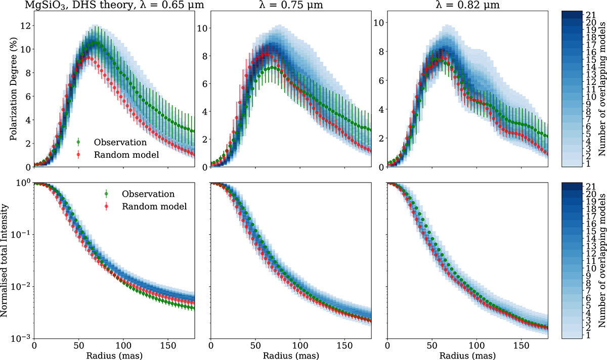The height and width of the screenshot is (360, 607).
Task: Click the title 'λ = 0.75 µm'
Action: tap(290, 6)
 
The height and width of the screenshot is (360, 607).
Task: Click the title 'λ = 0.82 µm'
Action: tap(467, 6)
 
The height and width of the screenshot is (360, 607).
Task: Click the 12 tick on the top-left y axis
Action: tap(23, 26)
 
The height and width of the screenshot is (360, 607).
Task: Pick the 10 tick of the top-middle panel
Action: tap(200, 28)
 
